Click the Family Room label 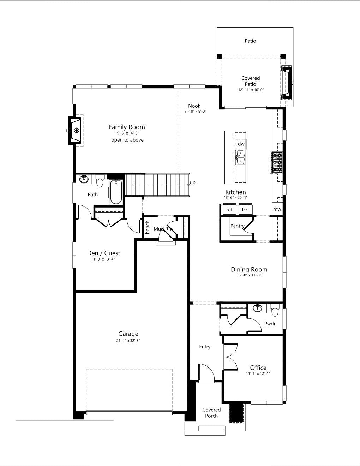tap(127, 127)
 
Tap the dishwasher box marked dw tap(241, 144)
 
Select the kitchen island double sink tap(240, 157)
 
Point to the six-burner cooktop tap(277, 162)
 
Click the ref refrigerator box tap(229, 209)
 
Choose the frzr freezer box tap(246, 209)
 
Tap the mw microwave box tap(277, 209)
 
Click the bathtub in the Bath tap(116, 192)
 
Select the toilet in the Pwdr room tap(275, 310)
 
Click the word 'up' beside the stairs tap(192, 183)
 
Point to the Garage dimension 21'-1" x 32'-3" tap(128, 341)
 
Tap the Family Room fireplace tap(74, 130)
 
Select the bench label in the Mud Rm tap(147, 227)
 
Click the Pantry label tap(238, 226)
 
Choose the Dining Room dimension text tap(249, 275)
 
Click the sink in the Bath tap(84, 179)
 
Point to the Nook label tap(194, 106)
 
